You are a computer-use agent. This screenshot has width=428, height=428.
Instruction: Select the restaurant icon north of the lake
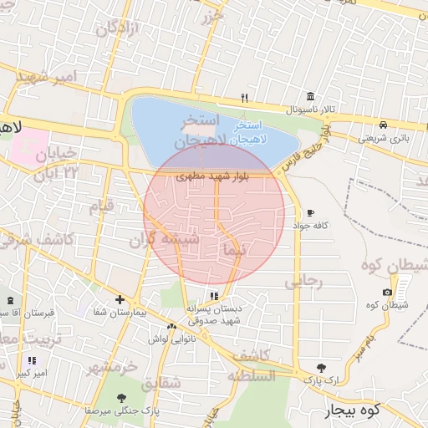[x=244, y=97]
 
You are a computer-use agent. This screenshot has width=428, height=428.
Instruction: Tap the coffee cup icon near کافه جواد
[x=311, y=213]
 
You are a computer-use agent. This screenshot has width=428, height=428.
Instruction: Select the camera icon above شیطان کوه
[x=387, y=292]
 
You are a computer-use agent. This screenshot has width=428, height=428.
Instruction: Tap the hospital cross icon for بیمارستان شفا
[x=120, y=299]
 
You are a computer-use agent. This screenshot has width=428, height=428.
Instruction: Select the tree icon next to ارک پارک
[x=322, y=367]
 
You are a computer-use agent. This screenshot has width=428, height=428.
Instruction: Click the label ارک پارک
[x=321, y=380]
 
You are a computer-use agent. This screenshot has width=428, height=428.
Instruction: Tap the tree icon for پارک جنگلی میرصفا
[x=122, y=398]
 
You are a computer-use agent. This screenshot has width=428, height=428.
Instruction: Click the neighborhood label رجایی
[x=303, y=282]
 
